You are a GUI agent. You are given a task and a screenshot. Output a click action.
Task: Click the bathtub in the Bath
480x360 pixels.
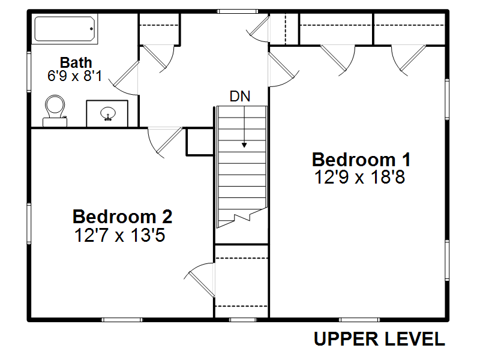point(65,29)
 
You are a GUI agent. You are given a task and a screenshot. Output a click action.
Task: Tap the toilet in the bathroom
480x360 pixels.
point(55,110)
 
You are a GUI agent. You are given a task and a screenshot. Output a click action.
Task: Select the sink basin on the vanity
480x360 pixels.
point(108,113)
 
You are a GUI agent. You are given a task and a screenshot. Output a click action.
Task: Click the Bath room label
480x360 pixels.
point(76,63)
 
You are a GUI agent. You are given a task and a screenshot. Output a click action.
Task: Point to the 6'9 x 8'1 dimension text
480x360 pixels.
point(74,76)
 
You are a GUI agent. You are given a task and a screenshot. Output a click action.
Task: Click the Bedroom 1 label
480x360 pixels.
point(361,160)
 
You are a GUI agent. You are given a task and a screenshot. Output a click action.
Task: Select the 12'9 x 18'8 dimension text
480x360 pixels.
point(359,177)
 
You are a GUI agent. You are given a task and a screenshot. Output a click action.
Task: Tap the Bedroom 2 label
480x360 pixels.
point(122,217)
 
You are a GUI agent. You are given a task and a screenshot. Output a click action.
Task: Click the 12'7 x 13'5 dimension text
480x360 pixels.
point(119,235)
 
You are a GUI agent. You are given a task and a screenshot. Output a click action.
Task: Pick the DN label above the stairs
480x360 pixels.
point(240,97)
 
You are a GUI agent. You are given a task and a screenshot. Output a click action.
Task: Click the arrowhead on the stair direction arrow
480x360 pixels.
point(244,145)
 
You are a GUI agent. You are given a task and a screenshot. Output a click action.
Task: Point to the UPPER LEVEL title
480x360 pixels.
point(379,339)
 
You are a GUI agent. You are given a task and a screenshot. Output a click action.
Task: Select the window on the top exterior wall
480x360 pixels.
point(238,11)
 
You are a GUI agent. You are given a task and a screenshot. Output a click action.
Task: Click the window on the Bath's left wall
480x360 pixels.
point(29,72)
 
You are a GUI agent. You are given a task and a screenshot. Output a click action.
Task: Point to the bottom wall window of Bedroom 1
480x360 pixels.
point(359,320)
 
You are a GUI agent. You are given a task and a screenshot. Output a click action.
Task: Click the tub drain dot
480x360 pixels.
point(91,29)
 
